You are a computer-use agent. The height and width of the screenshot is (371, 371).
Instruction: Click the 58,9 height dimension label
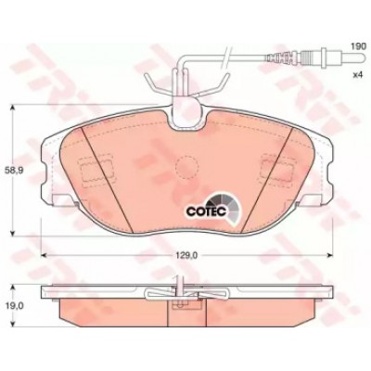pyautogui.click(x=10, y=170)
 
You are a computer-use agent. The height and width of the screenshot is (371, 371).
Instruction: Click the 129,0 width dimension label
pyautogui.click(x=187, y=255)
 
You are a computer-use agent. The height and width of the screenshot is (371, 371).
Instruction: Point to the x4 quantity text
pyautogui.click(x=357, y=75)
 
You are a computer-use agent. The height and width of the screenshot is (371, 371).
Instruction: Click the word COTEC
pyautogui.click(x=207, y=211)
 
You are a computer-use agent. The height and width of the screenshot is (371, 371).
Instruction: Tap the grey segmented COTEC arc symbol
pyautogui.click(x=227, y=208)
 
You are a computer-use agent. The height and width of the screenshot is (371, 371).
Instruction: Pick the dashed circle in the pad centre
pyautogui.click(x=186, y=167)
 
